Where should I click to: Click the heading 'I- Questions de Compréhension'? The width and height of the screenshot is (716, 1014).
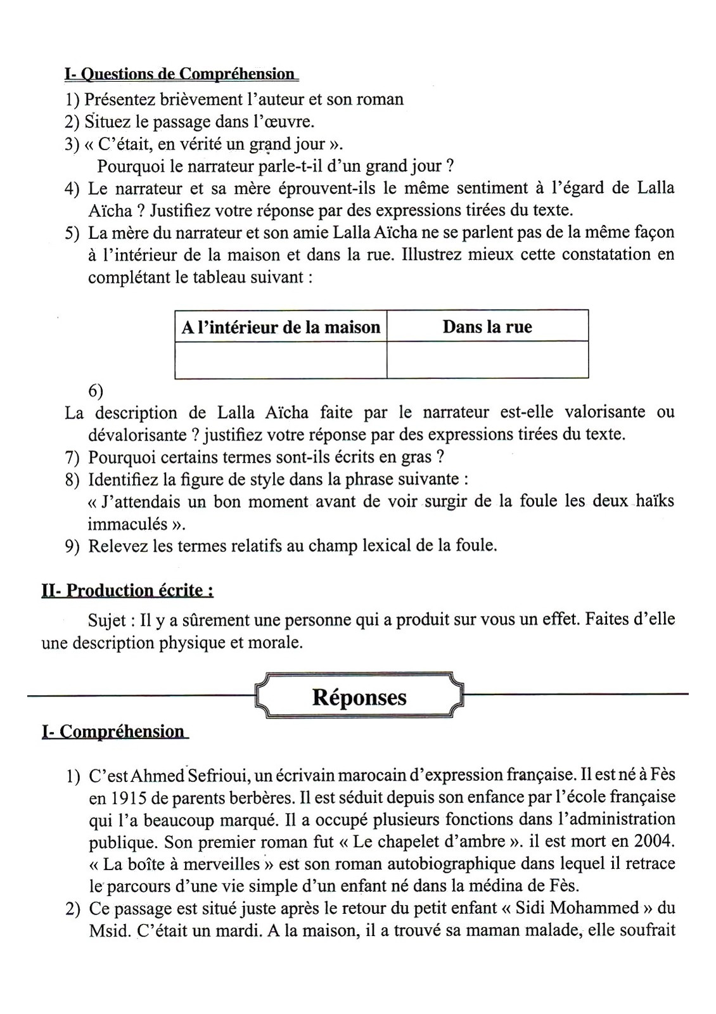[181, 74]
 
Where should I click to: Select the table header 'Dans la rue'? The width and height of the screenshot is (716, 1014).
[487, 327]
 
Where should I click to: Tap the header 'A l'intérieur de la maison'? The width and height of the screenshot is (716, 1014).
[281, 327]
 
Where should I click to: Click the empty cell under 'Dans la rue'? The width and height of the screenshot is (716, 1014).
[487, 359]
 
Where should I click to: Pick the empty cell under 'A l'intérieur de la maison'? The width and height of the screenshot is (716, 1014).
[281, 359]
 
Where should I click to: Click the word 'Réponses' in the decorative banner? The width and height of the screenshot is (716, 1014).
[359, 697]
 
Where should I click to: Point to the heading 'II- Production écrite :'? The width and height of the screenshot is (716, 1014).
[127, 590]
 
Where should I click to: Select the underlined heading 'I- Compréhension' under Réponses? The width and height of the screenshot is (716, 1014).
[114, 731]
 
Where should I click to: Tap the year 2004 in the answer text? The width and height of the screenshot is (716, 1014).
[654, 841]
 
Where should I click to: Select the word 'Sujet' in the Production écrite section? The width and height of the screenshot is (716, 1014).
[106, 619]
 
